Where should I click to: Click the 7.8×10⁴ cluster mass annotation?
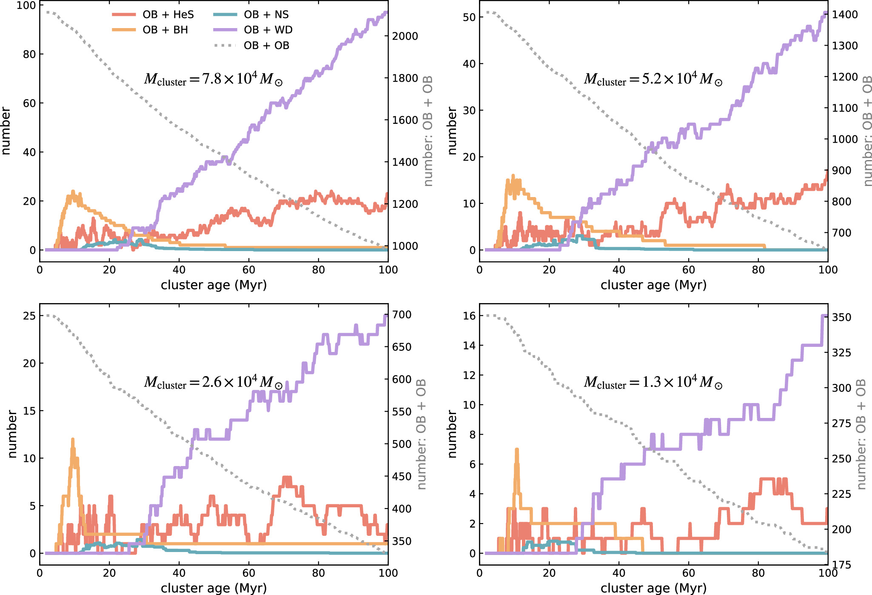click(213, 79)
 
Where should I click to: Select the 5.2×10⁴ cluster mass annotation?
click(653, 79)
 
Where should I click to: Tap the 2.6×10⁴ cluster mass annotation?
click(213, 382)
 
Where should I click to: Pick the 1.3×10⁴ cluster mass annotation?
click(653, 382)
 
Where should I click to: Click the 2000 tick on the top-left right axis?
click(405, 36)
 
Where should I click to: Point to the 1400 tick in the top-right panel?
click(845, 14)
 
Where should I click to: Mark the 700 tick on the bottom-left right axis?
click(402, 315)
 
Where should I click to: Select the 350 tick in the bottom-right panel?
click(841, 318)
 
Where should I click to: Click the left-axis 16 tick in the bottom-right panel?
click(469, 316)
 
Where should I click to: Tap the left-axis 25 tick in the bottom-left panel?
click(29, 316)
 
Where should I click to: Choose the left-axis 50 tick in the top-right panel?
click(469, 17)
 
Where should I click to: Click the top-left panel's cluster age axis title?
click(214, 285)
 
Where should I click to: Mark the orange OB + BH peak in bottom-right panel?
click(517, 449)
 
